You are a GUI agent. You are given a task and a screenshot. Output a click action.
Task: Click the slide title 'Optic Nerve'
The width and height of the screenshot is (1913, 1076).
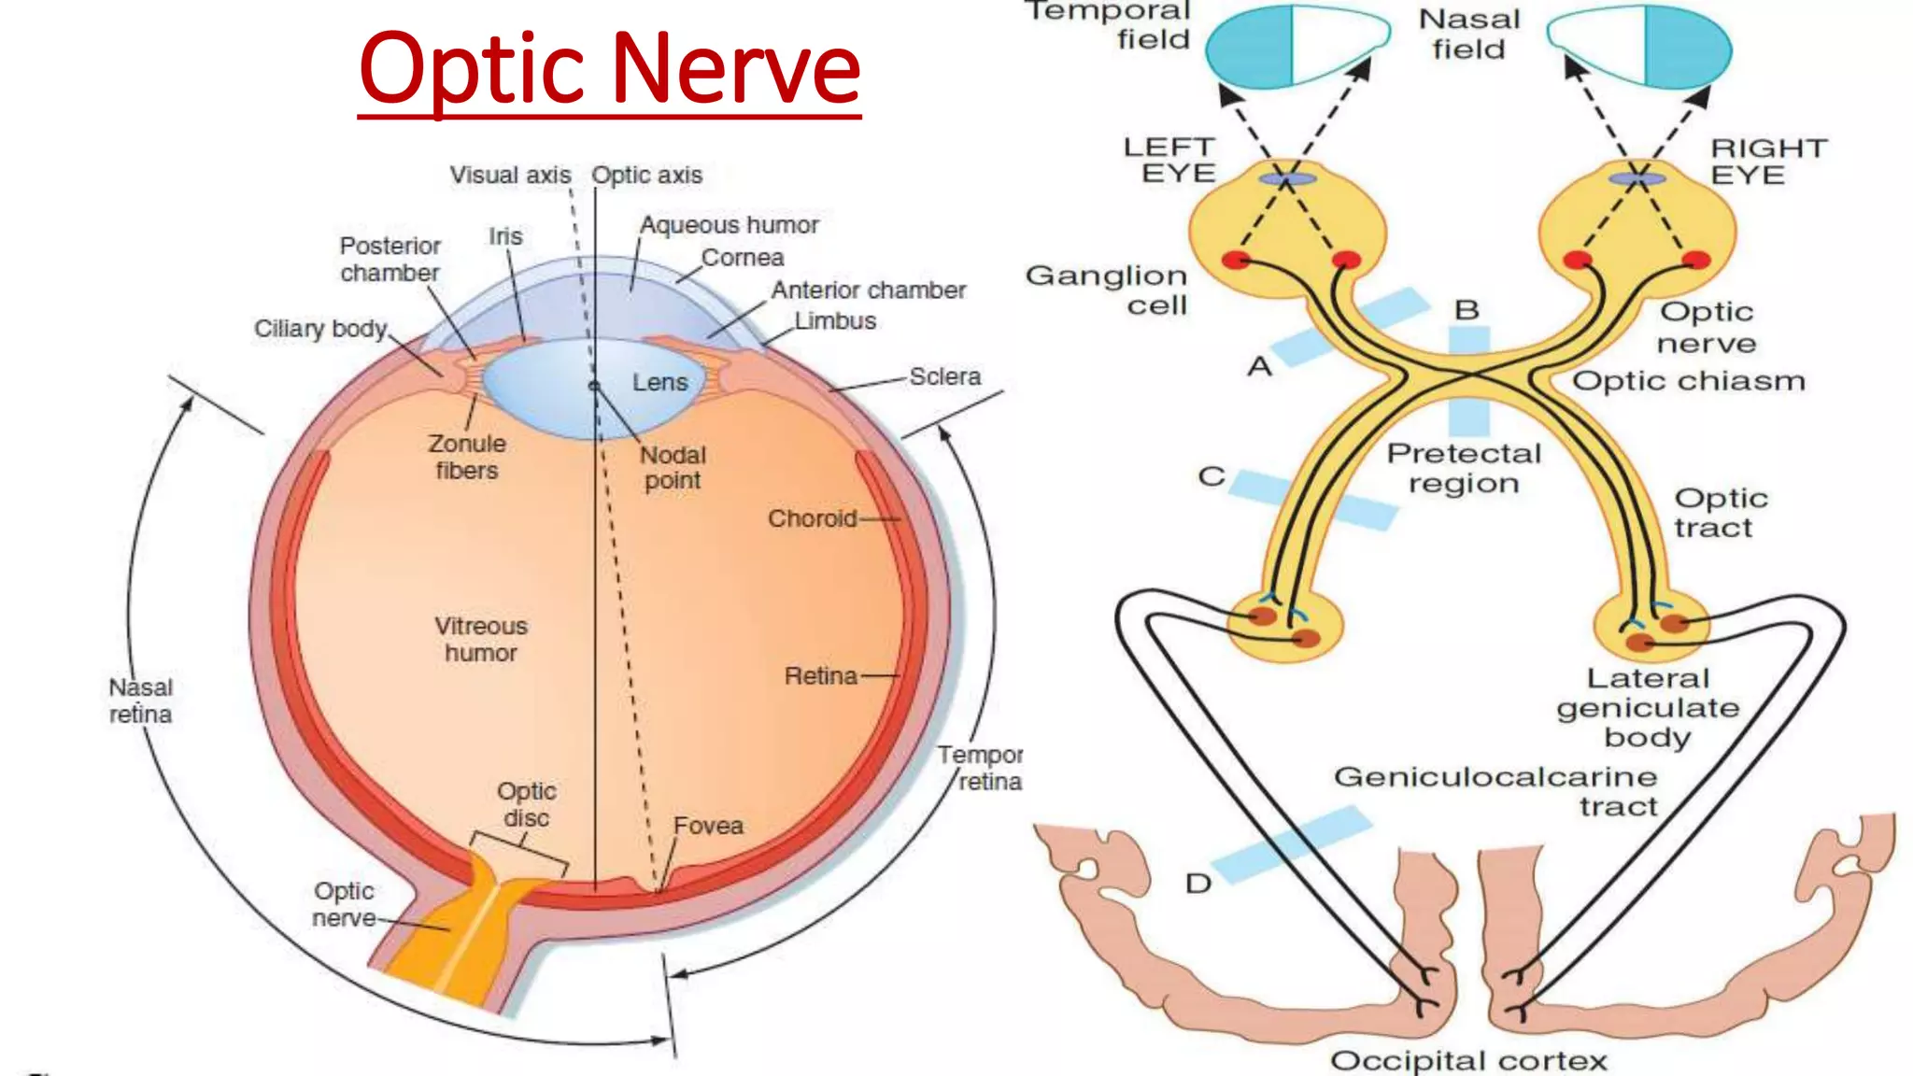pyautogui.click(x=609, y=69)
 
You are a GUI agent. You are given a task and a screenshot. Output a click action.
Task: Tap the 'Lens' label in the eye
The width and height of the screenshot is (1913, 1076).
pyautogui.click(x=659, y=382)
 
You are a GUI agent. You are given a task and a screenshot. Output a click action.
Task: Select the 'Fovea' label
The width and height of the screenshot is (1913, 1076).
pyautogui.click(x=708, y=826)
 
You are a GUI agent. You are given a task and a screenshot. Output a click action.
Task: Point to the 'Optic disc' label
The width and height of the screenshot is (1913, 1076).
pyautogui.click(x=527, y=804)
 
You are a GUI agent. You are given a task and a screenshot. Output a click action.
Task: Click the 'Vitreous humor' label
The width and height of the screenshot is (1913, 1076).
pyautogui.click(x=481, y=639)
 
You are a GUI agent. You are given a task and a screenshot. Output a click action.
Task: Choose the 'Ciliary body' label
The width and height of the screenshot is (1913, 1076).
pyautogui.click(x=320, y=329)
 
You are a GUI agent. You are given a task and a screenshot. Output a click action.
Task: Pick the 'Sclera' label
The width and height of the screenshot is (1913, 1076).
pyautogui.click(x=945, y=376)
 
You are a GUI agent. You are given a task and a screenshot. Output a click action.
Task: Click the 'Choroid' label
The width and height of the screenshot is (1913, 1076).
pyautogui.click(x=812, y=518)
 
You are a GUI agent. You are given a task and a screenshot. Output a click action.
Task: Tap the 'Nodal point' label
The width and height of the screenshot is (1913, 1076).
pyautogui.click(x=673, y=467)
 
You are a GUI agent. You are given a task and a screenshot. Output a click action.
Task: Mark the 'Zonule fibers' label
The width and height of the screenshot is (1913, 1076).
pyautogui.click(x=467, y=457)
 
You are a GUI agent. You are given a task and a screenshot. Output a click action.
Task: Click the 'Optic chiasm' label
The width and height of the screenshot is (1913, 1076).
pyautogui.click(x=1688, y=381)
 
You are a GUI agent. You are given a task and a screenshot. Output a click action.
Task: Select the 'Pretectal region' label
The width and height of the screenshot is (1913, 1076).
pyautogui.click(x=1464, y=468)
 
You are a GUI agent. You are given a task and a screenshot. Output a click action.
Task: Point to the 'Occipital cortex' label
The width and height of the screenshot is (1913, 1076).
pyautogui.click(x=1468, y=1060)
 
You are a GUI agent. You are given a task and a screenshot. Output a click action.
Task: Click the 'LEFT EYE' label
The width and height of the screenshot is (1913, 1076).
pyautogui.click(x=1170, y=160)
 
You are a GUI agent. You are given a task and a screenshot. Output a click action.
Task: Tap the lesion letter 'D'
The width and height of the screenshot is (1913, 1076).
pyautogui.click(x=1198, y=884)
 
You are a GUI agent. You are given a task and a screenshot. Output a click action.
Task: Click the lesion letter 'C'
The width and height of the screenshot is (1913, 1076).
pyautogui.click(x=1212, y=476)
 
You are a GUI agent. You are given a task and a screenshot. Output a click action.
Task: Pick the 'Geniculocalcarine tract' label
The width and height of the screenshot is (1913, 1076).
pyautogui.click(x=1496, y=791)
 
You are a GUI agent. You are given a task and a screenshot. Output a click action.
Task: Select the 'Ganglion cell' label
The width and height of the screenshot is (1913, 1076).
pyautogui.click(x=1107, y=290)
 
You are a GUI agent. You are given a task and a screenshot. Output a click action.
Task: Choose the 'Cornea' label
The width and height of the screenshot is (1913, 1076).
pyautogui.click(x=743, y=257)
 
